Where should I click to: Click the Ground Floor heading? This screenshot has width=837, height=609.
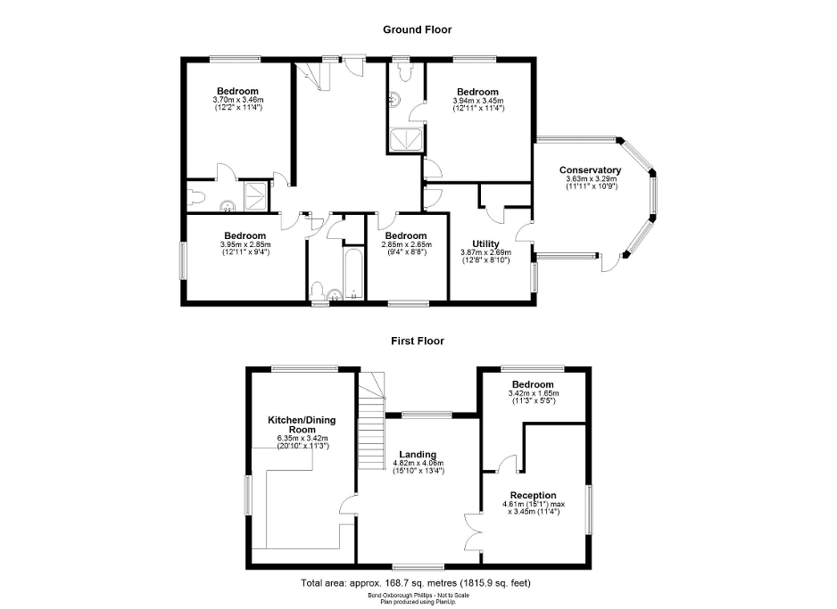point(417,29)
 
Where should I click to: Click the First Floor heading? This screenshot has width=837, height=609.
point(417,341)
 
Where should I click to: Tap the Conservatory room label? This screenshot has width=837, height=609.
point(590,170)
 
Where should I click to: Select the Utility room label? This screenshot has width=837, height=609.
point(485,243)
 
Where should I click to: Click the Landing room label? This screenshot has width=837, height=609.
point(418,454)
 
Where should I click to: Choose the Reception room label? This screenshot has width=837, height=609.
point(533,495)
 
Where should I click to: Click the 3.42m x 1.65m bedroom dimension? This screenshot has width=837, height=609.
point(533,397)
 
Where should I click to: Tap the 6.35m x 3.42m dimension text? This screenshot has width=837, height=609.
point(302,441)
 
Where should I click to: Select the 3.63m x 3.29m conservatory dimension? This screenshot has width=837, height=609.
point(590,183)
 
